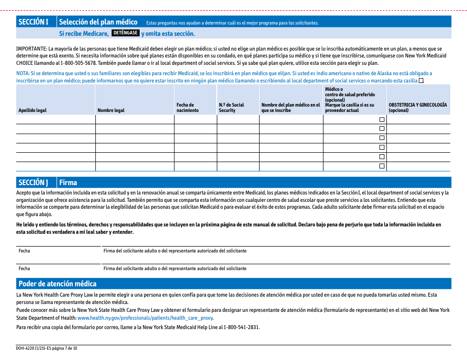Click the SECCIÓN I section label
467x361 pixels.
point(33,22)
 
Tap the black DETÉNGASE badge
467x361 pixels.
point(125,33)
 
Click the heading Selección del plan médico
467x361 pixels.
point(98,22)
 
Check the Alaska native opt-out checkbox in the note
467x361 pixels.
point(421,81)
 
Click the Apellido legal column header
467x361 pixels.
point(32,111)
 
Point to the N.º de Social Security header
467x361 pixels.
point(231,108)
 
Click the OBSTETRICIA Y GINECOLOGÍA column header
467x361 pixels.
point(417,108)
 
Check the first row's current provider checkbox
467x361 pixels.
point(381,119)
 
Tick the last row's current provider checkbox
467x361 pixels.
point(381,166)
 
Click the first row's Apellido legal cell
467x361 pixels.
point(56,119)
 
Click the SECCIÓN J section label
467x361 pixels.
point(33,183)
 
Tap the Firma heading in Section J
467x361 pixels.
point(68,183)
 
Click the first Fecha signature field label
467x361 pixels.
point(24,251)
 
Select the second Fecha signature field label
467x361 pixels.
point(24,269)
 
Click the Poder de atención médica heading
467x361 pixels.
point(58,284)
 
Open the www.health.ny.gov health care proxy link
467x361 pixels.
point(145,318)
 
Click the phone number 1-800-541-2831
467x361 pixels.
point(243,327)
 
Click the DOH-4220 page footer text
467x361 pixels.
point(47,348)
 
